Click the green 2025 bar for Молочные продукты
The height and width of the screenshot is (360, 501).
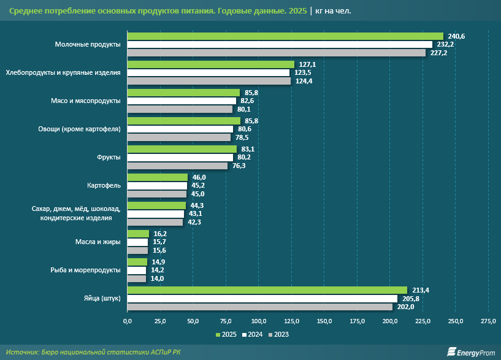point(285,36)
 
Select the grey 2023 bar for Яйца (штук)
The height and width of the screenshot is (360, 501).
point(259,307)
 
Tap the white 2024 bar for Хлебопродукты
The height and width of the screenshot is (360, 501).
point(208,73)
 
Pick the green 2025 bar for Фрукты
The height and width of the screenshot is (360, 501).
point(182,149)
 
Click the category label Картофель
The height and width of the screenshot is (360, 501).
point(105,185)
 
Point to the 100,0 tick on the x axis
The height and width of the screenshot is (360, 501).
point(258,321)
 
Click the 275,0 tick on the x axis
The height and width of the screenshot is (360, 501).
point(488,321)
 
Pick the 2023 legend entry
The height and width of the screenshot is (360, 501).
point(278,334)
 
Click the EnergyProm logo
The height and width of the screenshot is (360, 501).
point(470,351)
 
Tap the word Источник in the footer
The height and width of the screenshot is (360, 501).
point(22,351)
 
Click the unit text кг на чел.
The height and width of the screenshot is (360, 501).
point(334,11)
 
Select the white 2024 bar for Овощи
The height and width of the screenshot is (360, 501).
point(180,129)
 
